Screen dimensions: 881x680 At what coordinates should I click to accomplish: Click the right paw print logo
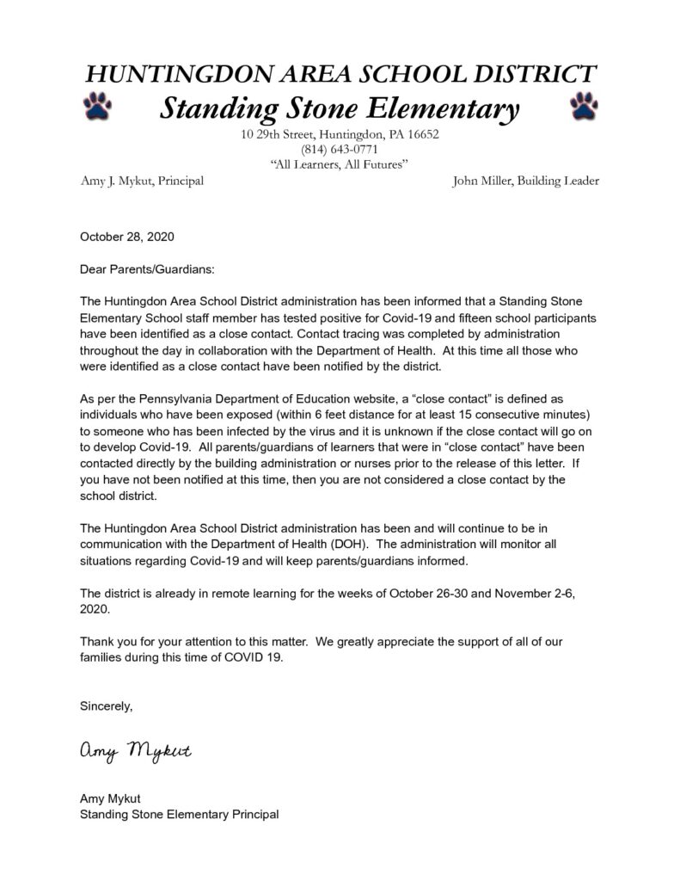pyautogui.click(x=585, y=107)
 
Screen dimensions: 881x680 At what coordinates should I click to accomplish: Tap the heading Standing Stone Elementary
pyautogui.click(x=340, y=108)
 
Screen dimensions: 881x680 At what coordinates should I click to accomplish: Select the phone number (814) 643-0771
pyautogui.click(x=340, y=149)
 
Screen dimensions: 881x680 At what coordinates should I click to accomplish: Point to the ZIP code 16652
pyautogui.click(x=422, y=134)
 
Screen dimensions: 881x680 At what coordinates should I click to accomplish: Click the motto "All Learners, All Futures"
pyautogui.click(x=340, y=163)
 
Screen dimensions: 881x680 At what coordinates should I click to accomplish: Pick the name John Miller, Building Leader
pyautogui.click(x=525, y=181)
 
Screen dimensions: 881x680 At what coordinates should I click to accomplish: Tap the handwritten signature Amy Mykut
pyautogui.click(x=136, y=753)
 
